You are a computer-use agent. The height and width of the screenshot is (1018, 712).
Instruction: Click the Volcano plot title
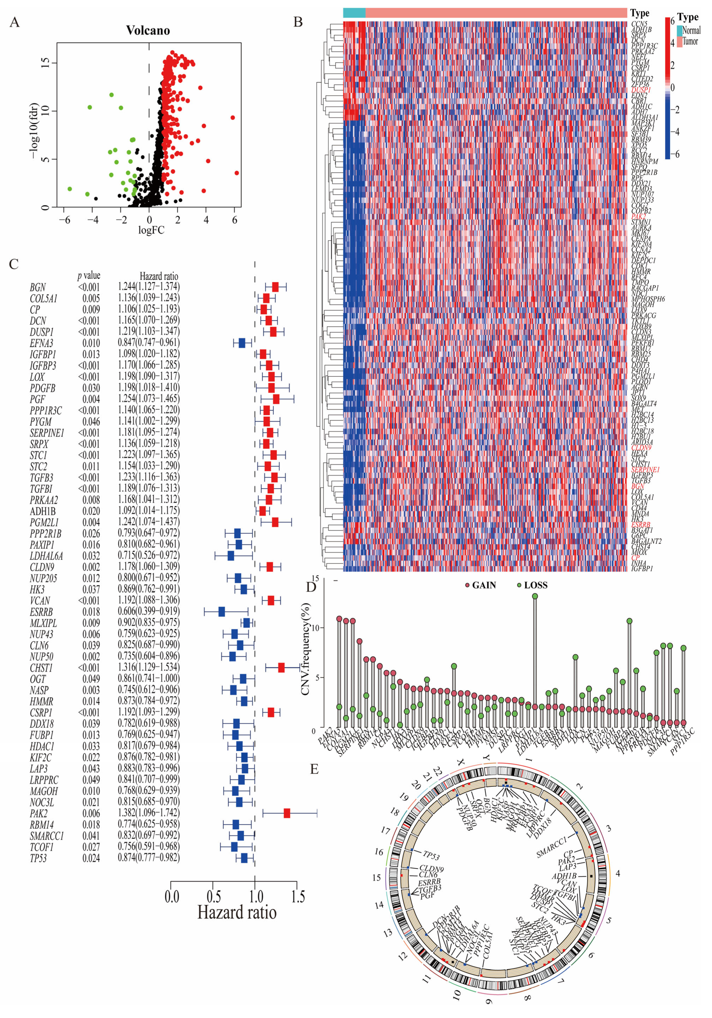(148, 30)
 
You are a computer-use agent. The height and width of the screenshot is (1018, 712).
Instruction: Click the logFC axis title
(151, 230)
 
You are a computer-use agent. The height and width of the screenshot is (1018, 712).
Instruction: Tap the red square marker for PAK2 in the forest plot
(287, 813)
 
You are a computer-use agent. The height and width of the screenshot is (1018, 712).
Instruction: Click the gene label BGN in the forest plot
(38, 287)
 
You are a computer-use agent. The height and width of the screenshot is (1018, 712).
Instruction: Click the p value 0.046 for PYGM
(91, 421)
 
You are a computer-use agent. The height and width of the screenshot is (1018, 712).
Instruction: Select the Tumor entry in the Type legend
(689, 41)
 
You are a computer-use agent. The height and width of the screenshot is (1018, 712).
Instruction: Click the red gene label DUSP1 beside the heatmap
(641, 90)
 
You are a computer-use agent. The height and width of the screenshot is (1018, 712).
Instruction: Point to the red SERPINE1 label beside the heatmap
(645, 469)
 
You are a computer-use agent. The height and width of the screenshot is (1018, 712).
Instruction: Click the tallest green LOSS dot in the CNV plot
(535, 596)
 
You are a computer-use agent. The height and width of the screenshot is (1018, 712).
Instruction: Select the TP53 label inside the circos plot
(431, 855)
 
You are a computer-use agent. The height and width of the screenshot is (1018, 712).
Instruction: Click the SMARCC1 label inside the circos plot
(552, 847)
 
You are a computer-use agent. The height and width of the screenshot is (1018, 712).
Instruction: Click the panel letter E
(314, 769)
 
